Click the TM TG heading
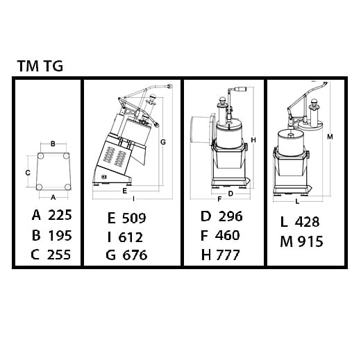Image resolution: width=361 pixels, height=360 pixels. (x=40, y=66)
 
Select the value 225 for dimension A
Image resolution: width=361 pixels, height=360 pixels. (x=60, y=215)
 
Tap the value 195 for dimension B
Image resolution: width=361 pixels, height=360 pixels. (x=60, y=235)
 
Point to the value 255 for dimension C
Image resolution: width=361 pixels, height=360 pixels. (x=59, y=255)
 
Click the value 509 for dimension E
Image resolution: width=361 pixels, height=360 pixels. (x=134, y=218)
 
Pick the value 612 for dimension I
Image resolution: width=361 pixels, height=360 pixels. (x=131, y=237)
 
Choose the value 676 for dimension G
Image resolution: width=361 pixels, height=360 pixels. (x=135, y=255)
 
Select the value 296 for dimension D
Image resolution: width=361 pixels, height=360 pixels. (x=230, y=216)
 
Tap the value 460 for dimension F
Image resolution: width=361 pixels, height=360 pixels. (x=227, y=235)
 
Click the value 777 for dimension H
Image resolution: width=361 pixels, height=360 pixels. (x=228, y=255)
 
